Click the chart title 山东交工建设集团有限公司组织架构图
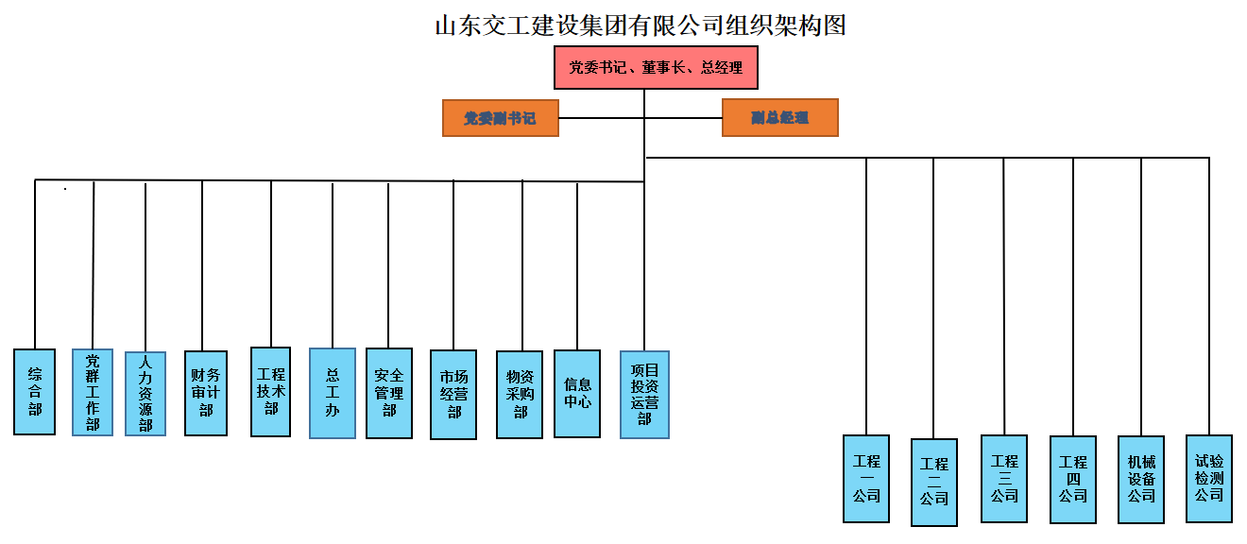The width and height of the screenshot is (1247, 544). (x=640, y=25)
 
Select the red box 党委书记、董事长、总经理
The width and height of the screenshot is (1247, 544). (x=655, y=68)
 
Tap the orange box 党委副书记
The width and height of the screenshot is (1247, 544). (x=500, y=118)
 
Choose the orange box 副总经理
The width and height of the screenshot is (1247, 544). (x=779, y=118)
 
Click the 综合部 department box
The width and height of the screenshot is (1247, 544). (x=35, y=392)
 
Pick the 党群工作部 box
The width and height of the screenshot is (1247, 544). (x=93, y=392)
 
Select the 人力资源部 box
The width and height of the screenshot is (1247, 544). (x=145, y=394)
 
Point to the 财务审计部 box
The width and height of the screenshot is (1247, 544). (x=206, y=392)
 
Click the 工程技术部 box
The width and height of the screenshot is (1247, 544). (x=271, y=392)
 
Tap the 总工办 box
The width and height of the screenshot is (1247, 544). (x=333, y=393)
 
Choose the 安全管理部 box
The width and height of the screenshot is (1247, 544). (x=389, y=393)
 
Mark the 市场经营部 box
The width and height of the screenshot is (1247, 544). (x=453, y=395)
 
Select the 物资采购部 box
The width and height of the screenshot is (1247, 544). (x=520, y=395)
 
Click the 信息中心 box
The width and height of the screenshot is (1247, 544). (x=577, y=393)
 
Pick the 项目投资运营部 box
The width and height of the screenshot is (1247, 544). (x=644, y=395)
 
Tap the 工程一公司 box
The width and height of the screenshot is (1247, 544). (x=866, y=478)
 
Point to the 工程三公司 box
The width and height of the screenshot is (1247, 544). (x=1004, y=478)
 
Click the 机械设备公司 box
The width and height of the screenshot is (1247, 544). (x=1141, y=478)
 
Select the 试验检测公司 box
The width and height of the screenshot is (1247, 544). (x=1209, y=478)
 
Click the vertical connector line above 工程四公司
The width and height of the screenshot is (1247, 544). (x=1073, y=293)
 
